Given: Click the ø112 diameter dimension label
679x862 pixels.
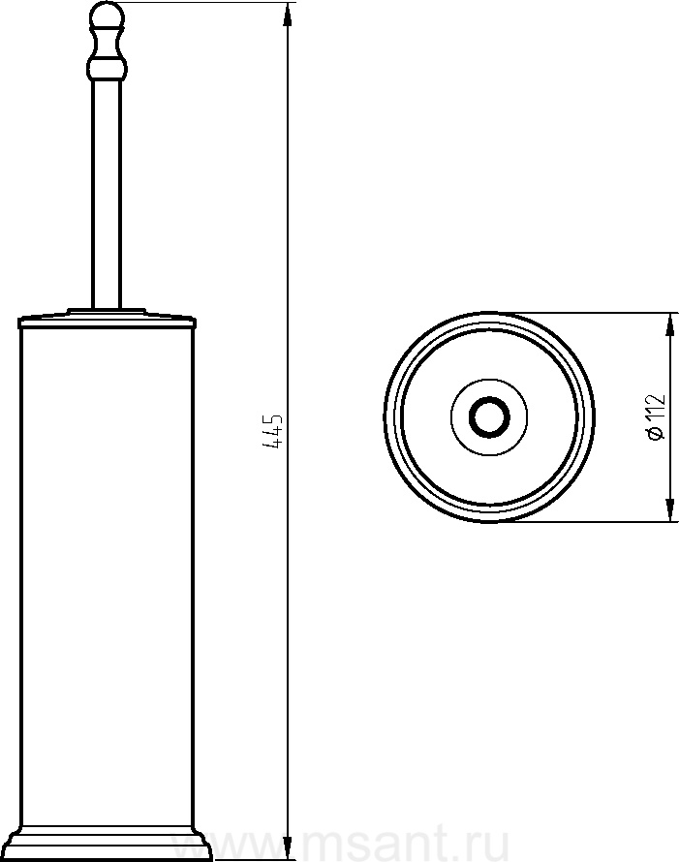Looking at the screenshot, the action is pyautogui.click(x=656, y=416).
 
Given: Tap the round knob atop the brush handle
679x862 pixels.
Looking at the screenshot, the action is pyautogui.click(x=108, y=15).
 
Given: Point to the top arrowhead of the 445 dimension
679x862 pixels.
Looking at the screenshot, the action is pyautogui.click(x=288, y=15).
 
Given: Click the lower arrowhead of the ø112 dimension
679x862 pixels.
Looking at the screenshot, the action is pyautogui.click(x=669, y=508).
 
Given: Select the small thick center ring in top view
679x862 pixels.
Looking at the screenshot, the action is pyautogui.click(x=489, y=416).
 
